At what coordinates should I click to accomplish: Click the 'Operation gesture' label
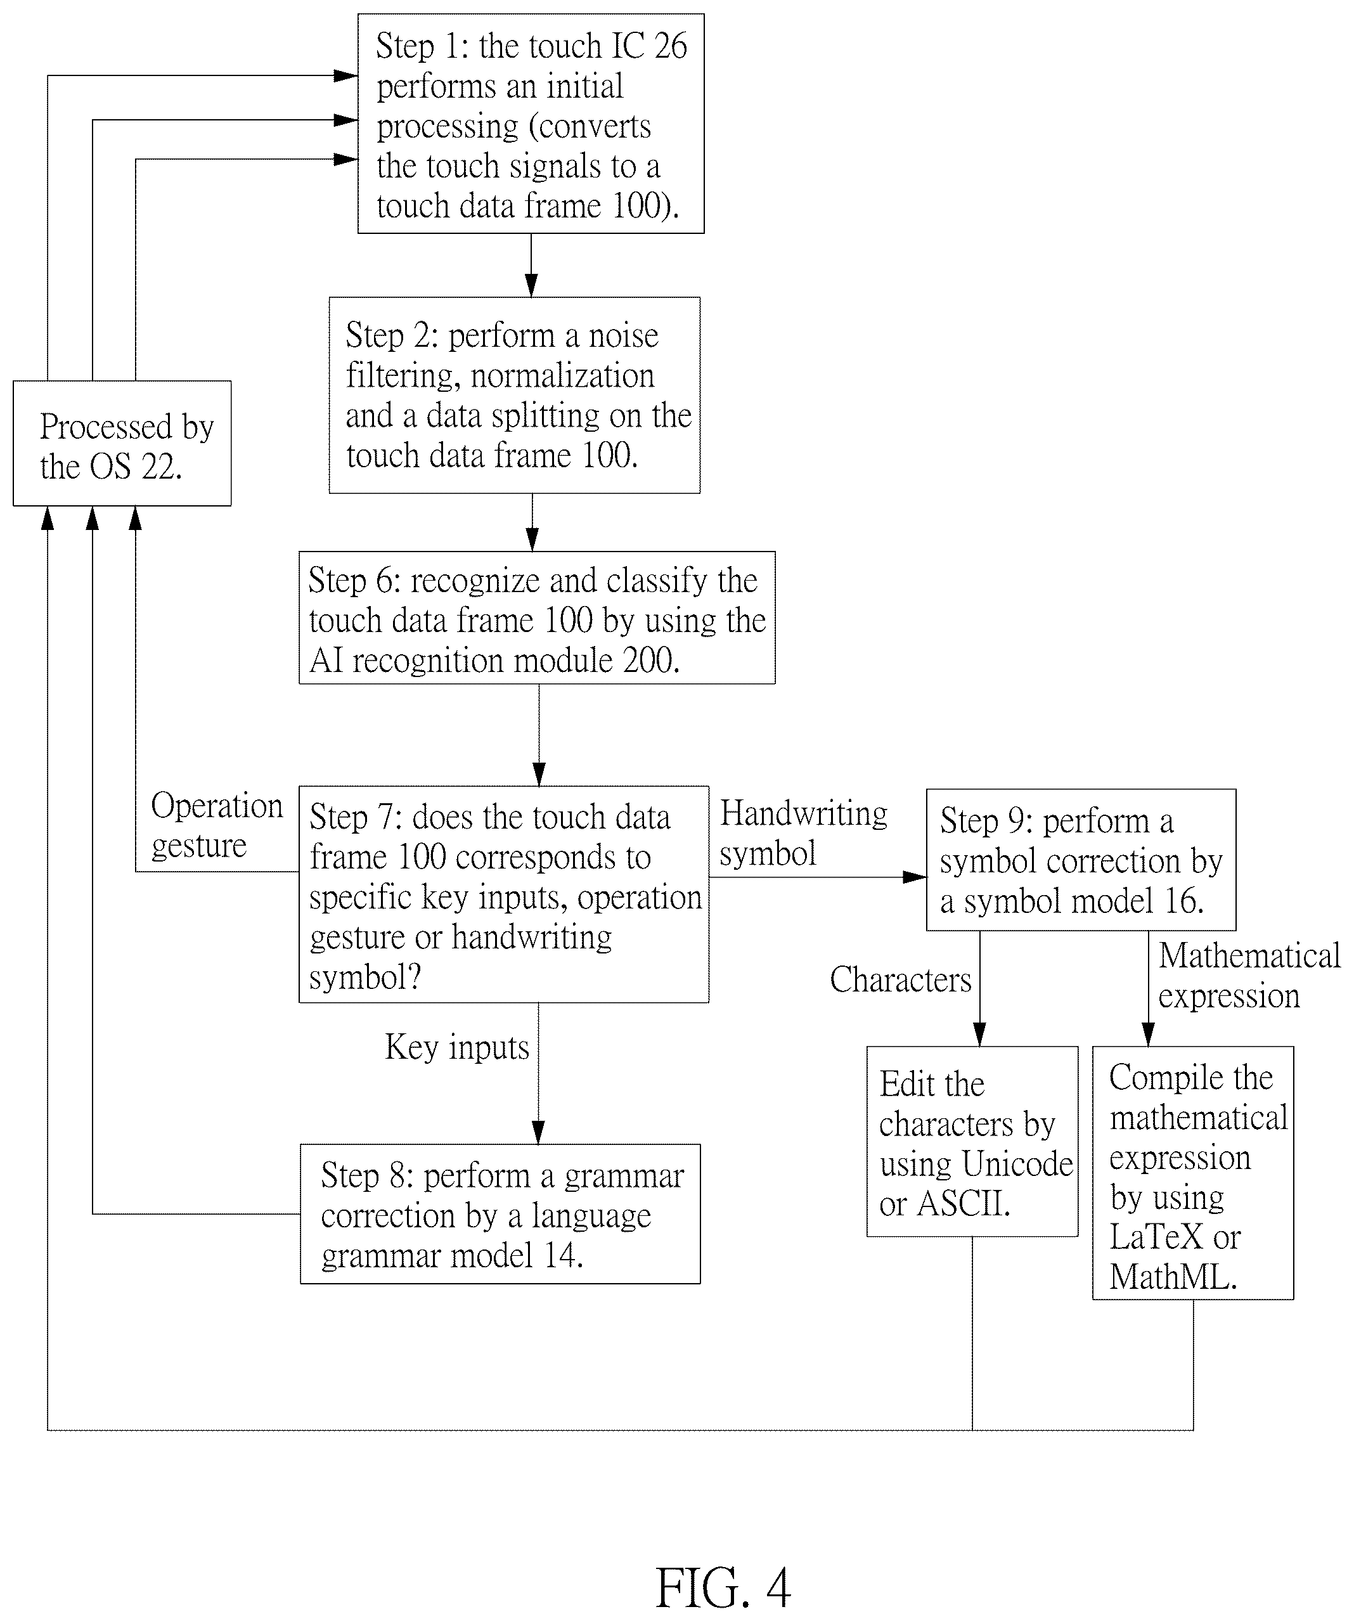coord(217,825)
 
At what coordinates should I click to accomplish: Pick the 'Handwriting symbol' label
coord(804,833)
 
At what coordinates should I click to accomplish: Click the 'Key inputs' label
coord(457,1047)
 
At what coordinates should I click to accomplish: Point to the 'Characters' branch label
coord(900,979)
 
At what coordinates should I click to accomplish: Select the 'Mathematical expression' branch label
coord(1249,976)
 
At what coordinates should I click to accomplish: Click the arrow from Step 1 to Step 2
coord(531,266)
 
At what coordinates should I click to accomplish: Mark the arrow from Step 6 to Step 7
coord(539,735)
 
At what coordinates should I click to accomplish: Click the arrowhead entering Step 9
coord(915,877)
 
